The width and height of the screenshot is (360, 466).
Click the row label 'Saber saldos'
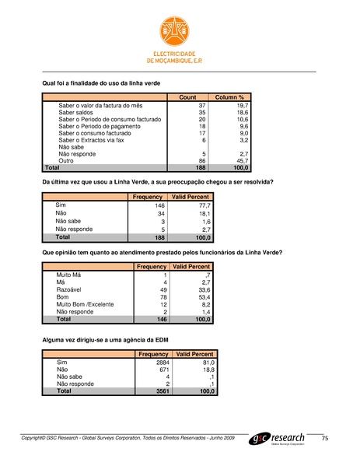click(x=76, y=112)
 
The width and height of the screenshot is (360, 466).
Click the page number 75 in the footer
click(x=326, y=440)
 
